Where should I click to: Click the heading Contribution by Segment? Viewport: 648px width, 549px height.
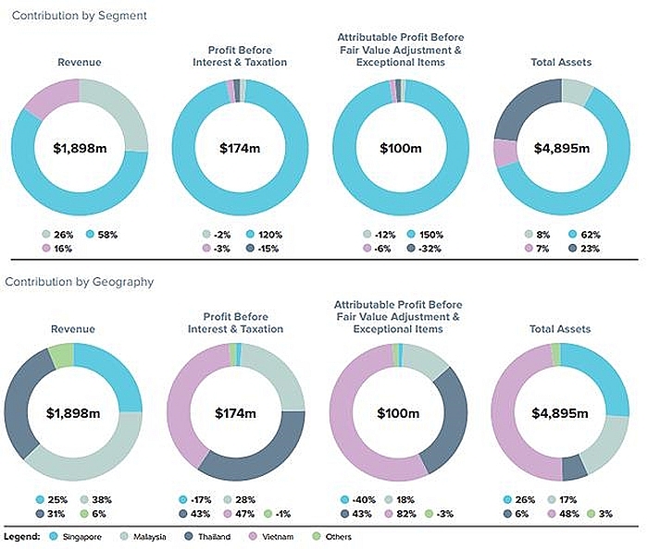coord(79,16)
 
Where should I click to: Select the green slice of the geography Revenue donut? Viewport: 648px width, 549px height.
coord(61,354)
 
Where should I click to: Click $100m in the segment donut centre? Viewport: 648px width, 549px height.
coord(400,148)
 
